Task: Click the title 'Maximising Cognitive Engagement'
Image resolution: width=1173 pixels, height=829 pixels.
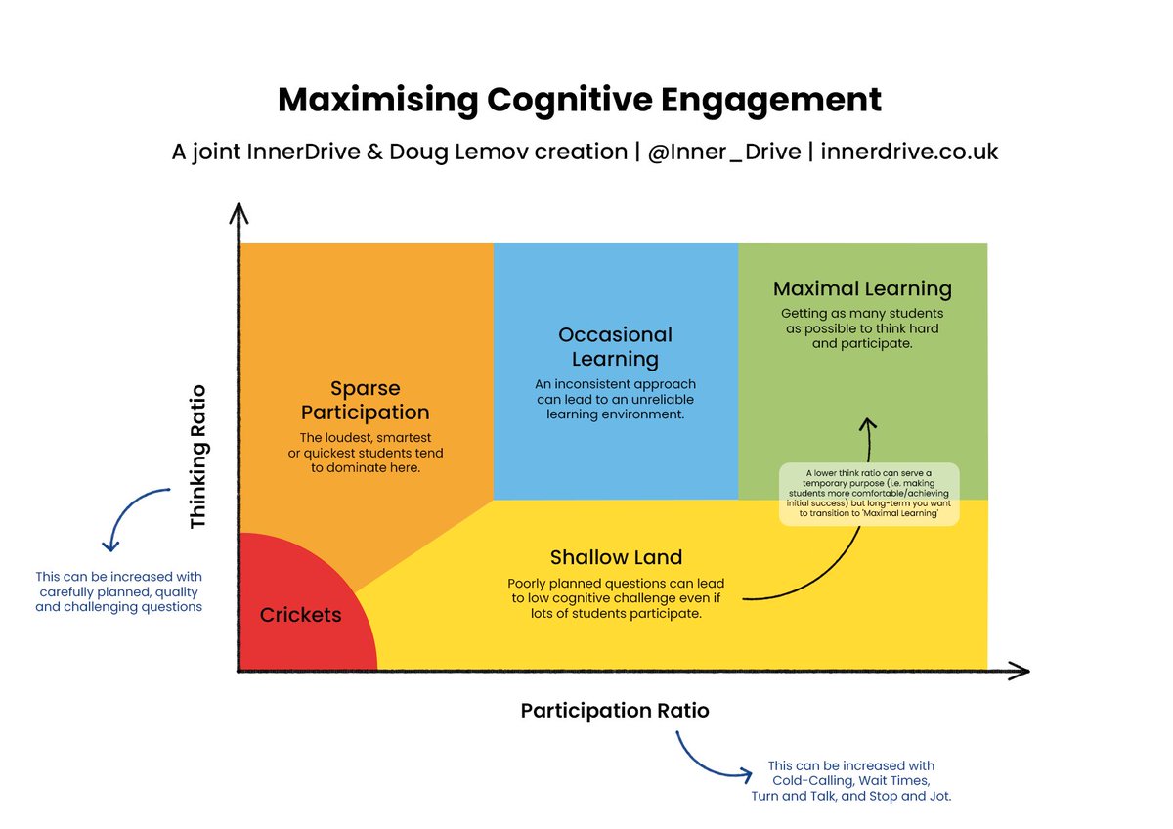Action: point(580,100)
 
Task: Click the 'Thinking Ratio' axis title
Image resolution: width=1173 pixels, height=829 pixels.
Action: point(199,469)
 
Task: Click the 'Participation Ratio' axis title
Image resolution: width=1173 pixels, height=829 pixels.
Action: point(615,711)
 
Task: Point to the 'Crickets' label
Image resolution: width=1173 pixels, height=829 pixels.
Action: point(300,615)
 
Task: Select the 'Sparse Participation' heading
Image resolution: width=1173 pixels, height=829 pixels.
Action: point(365,401)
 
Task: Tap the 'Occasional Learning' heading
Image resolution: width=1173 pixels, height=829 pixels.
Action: point(615,347)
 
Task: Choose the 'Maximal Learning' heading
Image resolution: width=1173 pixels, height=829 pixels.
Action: point(862,289)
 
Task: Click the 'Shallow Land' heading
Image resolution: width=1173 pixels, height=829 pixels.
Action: point(615,557)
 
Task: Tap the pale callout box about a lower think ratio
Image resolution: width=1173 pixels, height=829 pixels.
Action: point(869,495)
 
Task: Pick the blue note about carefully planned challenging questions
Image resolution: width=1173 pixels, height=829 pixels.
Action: point(119,592)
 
